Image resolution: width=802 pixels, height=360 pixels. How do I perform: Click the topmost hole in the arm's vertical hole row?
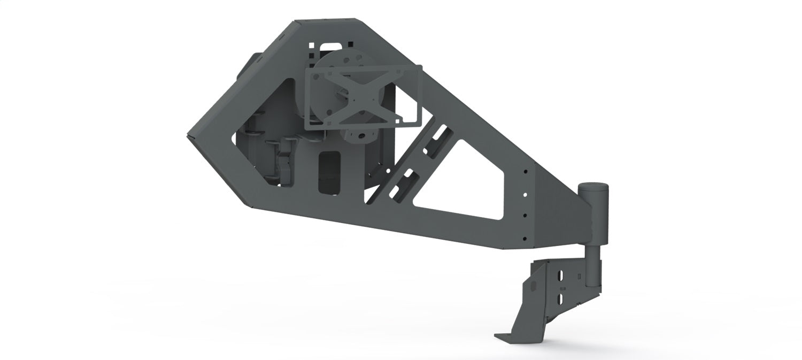point(526,172)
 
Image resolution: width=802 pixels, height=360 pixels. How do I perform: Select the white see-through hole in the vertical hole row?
point(525,194)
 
